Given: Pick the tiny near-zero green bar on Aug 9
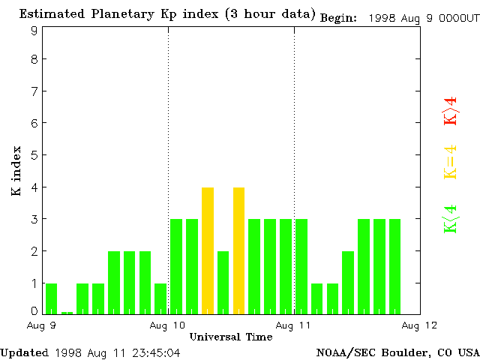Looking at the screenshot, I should [67, 312].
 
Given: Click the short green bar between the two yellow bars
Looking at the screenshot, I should [223, 282].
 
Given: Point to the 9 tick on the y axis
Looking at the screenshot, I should [34, 31].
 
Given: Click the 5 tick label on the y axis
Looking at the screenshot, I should [34, 155].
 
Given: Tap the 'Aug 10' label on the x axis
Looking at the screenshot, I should [168, 325].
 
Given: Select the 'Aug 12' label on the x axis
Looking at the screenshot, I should [420, 325].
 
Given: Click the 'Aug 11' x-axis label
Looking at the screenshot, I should [294, 325].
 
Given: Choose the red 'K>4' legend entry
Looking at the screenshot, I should [450, 111].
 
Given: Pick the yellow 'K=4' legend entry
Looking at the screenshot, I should [450, 162].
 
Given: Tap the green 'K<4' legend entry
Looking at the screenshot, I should [450, 219].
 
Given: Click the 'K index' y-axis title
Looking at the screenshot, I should [16, 172].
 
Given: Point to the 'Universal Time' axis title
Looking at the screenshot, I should [231, 337].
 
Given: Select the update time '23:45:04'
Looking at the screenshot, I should [155, 352].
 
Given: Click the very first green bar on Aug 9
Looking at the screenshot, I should [51, 298].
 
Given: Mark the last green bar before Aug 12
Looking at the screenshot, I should [394, 266].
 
